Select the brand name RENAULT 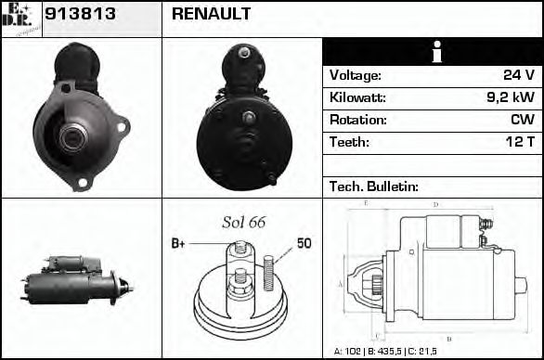point(211,15)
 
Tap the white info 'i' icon point(432,52)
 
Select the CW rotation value point(521,121)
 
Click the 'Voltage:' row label point(356,76)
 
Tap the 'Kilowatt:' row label point(357,98)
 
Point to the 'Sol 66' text point(242,222)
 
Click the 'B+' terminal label point(179,244)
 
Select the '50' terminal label point(304,243)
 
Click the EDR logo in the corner point(20,19)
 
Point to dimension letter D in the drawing point(435,205)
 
